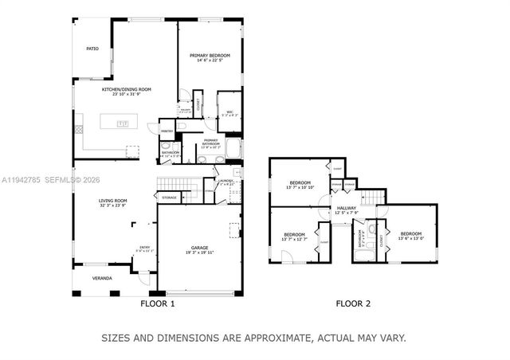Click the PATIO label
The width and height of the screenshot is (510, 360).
pyautogui.click(x=92, y=49)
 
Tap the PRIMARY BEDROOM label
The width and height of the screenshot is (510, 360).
pyautogui.click(x=210, y=55)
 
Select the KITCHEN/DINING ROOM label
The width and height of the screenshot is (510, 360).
pyautogui.click(x=126, y=89)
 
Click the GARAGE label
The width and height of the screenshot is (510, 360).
pyautogui.click(x=199, y=248)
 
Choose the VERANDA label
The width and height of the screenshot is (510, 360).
pyautogui.click(x=102, y=278)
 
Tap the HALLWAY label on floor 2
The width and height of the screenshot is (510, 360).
pyautogui.click(x=346, y=208)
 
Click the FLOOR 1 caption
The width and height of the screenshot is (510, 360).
pyautogui.click(x=158, y=303)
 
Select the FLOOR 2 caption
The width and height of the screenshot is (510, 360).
pyautogui.click(x=353, y=303)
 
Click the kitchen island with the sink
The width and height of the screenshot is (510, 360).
pyautogui.click(x=122, y=123)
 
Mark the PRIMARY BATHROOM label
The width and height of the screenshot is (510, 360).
pyautogui.click(x=210, y=143)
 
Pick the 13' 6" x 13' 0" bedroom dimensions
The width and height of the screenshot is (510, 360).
pyautogui.click(x=410, y=238)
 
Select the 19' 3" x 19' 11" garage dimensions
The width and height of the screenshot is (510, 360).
pyautogui.click(x=199, y=252)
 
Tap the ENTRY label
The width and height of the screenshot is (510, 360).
pyautogui.click(x=144, y=248)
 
